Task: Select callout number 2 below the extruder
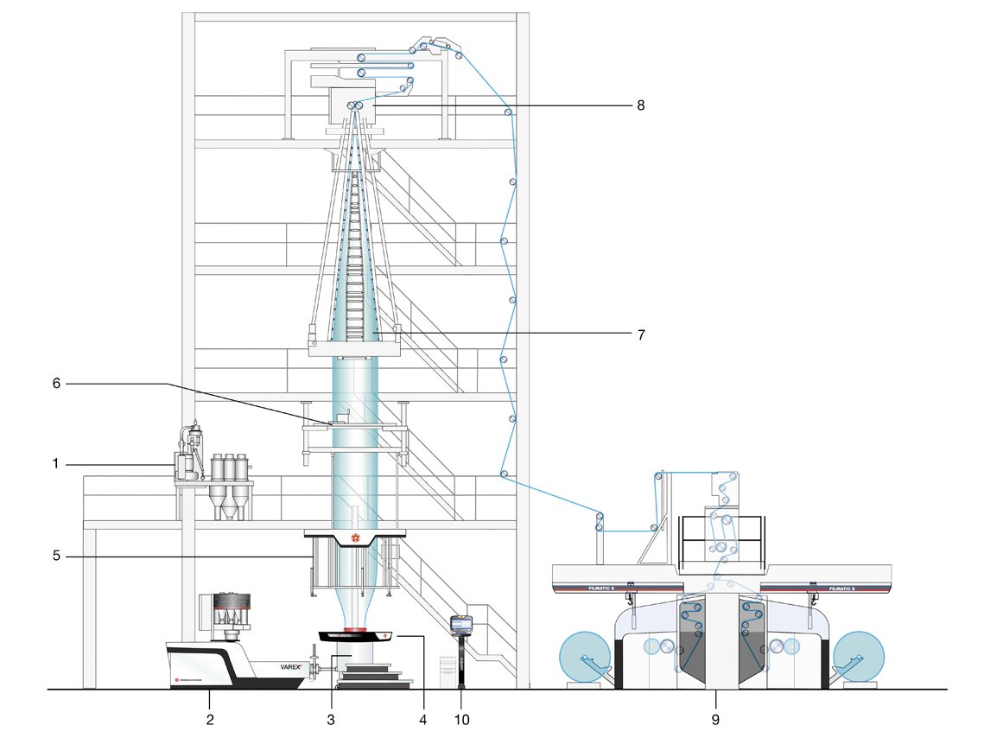click(x=208, y=717)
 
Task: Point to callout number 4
click(x=423, y=717)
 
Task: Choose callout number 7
click(x=640, y=334)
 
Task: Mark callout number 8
click(x=640, y=105)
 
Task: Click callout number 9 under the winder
click(x=716, y=717)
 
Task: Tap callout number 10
click(x=460, y=717)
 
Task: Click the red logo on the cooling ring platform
click(x=353, y=539)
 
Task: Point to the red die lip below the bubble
click(x=355, y=628)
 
